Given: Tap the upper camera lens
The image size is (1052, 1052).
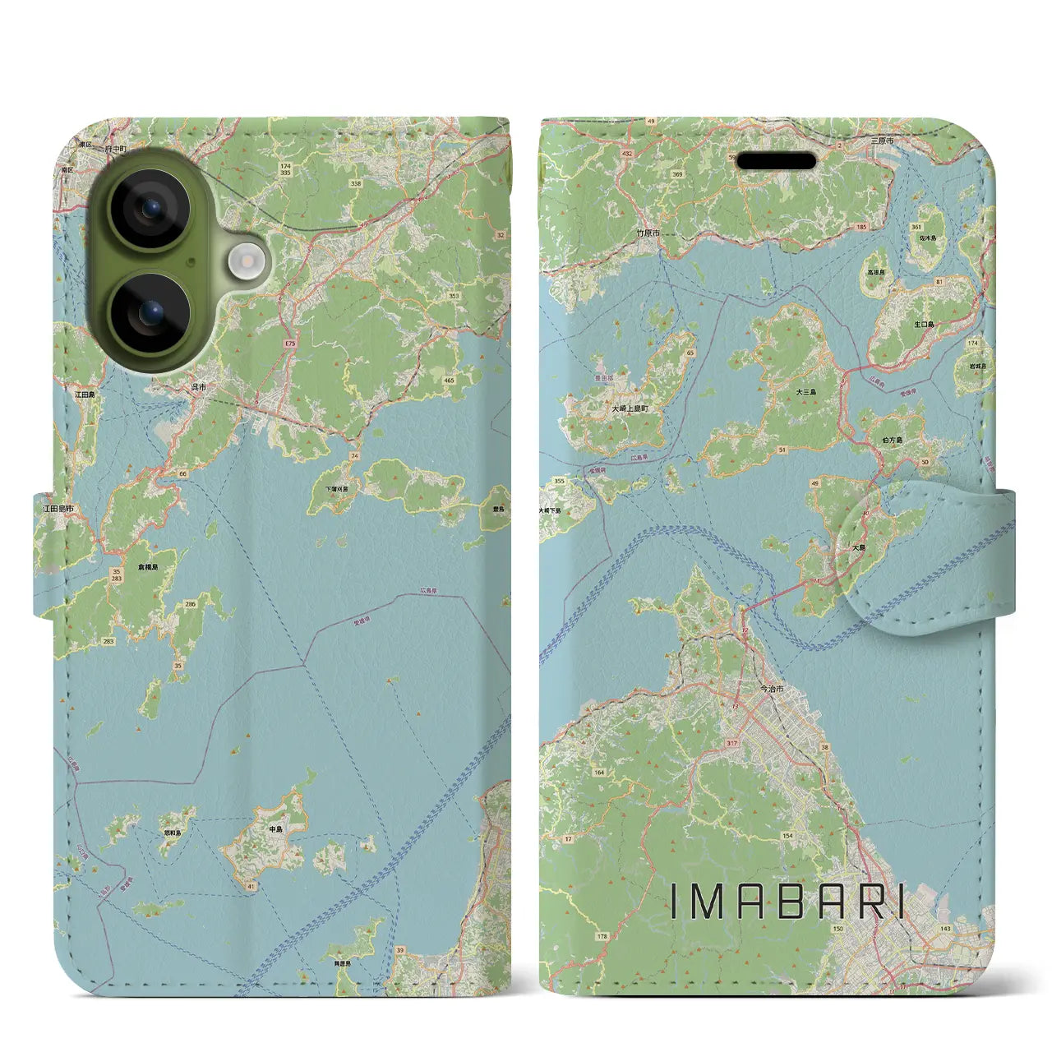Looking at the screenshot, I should (x=150, y=209).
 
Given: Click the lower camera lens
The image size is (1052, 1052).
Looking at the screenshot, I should (x=150, y=313).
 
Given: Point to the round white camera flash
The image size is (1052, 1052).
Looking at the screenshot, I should (x=243, y=264).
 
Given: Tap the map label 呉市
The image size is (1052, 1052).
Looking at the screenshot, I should (x=198, y=387).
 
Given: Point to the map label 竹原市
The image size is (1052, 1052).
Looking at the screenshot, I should (x=648, y=233).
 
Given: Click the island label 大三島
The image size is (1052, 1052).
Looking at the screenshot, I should (x=805, y=393).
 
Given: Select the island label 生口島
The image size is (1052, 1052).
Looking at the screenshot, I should (x=924, y=325).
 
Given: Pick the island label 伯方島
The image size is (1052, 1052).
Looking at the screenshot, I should (x=893, y=441).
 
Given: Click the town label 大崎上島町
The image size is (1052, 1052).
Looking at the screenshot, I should (x=630, y=408).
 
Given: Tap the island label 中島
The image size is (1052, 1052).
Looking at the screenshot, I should (x=276, y=829).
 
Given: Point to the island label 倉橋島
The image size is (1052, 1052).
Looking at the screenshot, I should (x=147, y=567).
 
